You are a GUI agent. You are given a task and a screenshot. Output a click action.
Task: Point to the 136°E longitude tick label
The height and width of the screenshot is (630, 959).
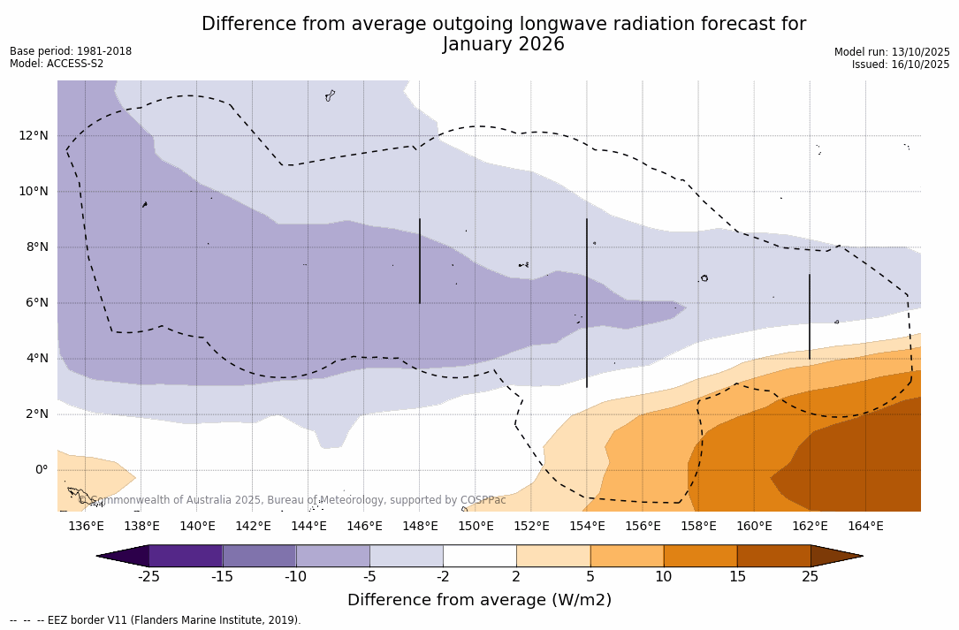point(86,527)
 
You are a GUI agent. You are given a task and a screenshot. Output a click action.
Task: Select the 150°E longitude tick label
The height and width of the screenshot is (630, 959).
point(476,527)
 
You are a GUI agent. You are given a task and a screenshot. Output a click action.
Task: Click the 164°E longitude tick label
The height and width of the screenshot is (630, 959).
point(865,527)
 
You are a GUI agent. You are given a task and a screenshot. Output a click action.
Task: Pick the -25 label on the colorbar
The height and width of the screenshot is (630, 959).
point(148,577)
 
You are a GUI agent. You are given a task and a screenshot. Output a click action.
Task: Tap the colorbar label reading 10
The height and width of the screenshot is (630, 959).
point(663,577)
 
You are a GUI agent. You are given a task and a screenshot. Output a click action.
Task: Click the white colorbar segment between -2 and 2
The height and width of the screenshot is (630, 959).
point(480,556)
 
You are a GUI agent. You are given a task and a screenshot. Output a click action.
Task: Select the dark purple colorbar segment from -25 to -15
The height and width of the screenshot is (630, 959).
point(186,556)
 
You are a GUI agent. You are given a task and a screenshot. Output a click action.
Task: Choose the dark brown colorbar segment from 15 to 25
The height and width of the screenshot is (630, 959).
point(773,556)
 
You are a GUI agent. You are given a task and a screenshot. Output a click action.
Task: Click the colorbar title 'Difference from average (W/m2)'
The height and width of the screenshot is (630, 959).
point(479,601)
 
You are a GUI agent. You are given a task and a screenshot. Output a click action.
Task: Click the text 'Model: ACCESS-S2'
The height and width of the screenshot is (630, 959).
point(57,64)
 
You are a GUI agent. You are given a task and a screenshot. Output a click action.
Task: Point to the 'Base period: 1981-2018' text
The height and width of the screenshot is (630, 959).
point(71,51)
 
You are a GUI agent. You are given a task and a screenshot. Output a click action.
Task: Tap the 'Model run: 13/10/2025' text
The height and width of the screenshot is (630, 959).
point(892,52)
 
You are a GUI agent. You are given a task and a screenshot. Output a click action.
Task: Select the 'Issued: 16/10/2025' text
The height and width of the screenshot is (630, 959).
point(901,65)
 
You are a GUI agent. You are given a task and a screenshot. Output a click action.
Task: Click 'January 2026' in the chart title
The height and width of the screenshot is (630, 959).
point(503,45)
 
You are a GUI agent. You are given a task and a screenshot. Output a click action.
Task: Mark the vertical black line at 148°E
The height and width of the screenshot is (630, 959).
point(420,261)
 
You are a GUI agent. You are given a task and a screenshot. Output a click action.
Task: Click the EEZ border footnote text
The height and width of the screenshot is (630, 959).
point(155,620)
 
